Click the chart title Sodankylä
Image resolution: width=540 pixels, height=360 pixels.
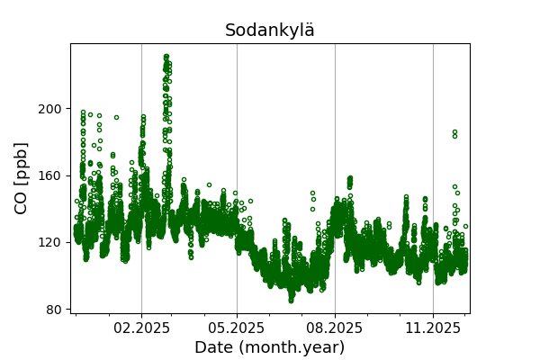(270, 31)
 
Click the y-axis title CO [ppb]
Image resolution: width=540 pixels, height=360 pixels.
(22, 178)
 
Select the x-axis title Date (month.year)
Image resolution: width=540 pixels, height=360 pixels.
(270, 347)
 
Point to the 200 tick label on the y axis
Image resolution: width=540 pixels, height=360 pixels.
(51, 109)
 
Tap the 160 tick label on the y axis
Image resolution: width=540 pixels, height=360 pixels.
(51, 175)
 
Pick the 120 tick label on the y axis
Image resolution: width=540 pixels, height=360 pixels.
(51, 242)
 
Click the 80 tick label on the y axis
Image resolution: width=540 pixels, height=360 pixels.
(55, 310)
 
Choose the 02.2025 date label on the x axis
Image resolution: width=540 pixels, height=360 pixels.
(141, 328)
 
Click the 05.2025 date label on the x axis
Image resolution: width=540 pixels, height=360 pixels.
(237, 328)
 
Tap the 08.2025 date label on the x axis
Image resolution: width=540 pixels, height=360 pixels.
(335, 328)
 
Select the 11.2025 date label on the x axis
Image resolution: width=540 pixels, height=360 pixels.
(433, 328)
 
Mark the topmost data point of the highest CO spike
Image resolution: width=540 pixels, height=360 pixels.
(166, 57)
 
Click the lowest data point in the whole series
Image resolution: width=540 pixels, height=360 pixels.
(291, 300)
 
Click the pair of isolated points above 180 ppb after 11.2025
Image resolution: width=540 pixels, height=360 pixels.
(454, 134)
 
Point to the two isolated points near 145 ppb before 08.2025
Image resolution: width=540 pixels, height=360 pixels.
(313, 196)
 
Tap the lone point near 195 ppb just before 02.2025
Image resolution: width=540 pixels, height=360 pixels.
(116, 117)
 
